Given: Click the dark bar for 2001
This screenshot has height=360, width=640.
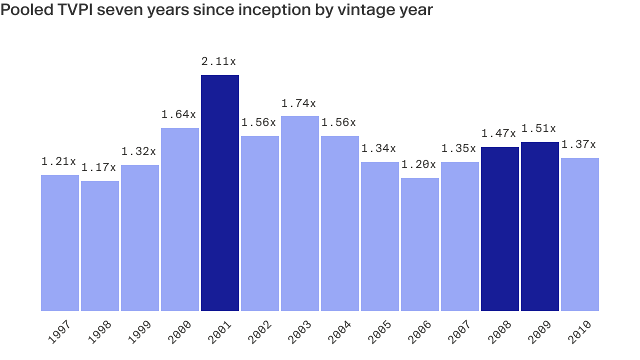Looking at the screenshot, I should click(x=220, y=193).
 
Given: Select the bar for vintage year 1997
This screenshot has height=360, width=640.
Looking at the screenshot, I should click(x=60, y=243).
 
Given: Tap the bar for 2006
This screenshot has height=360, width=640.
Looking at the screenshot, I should click(x=420, y=244).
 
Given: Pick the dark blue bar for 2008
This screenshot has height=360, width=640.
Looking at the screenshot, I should click(x=500, y=229).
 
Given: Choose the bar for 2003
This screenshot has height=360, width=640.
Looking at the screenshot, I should click(x=300, y=213).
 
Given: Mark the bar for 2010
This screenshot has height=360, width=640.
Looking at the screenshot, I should click(x=580, y=234).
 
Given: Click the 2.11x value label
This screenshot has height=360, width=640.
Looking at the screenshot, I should click(x=218, y=61).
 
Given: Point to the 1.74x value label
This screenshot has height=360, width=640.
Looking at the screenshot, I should click(x=298, y=103).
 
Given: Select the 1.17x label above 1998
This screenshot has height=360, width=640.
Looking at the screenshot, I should click(x=98, y=167).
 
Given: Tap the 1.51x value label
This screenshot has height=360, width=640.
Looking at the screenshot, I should click(x=538, y=128).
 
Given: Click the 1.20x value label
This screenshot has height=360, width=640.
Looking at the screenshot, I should click(x=418, y=164).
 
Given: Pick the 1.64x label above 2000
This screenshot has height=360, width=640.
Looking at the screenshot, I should click(x=178, y=114).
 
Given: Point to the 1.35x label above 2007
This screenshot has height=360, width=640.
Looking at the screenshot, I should click(x=458, y=148).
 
